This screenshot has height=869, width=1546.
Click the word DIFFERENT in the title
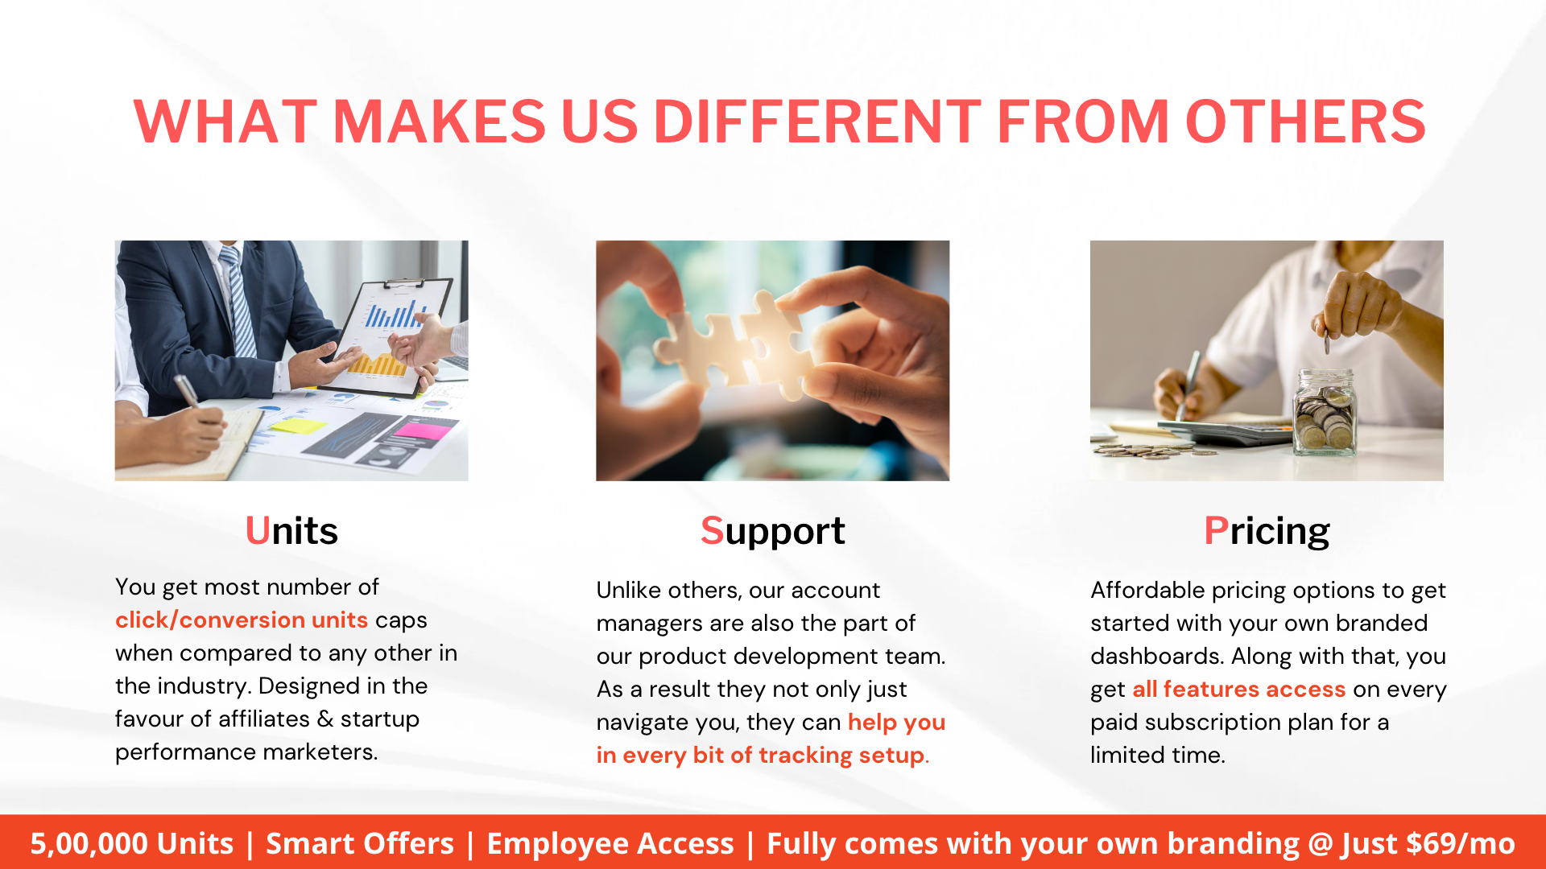click(x=816, y=122)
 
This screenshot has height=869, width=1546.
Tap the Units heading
click(x=291, y=531)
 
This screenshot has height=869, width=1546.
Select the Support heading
click(x=772, y=531)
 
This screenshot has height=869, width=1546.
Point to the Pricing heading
click(x=1267, y=531)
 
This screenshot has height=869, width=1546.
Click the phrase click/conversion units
click(x=241, y=620)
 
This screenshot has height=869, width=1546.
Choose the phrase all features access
click(x=1238, y=690)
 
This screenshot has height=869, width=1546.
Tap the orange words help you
click(x=896, y=723)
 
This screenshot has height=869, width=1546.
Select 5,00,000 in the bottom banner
click(x=89, y=843)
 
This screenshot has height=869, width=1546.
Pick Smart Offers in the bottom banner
click(x=360, y=843)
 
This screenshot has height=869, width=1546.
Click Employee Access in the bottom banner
click(x=610, y=843)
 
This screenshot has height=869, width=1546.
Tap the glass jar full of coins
click(x=1324, y=414)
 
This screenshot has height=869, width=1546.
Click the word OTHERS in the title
click(x=1305, y=122)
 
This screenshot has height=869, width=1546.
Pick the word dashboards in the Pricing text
click(x=1156, y=657)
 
